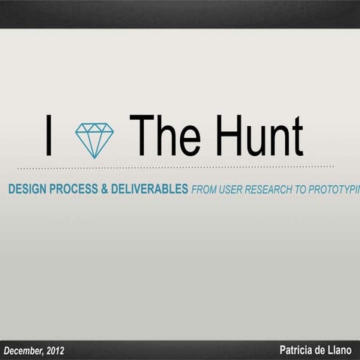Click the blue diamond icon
pyautogui.click(x=94, y=140)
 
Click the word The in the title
pyautogui.click(x=164, y=137)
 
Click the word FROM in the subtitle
pyautogui.click(x=205, y=190)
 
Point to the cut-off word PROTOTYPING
pyautogui.click(x=337, y=190)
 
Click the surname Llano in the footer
pyautogui.click(x=340, y=350)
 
